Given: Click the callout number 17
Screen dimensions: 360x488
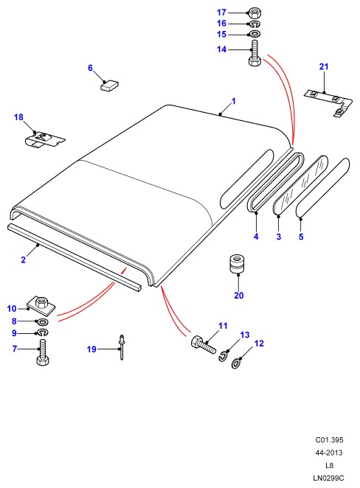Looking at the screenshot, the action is [221, 13].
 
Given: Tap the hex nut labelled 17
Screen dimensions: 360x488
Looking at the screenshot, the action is [255, 13].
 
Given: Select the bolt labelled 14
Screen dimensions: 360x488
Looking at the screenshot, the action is [255, 53].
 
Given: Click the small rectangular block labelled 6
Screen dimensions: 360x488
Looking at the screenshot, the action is [109, 85].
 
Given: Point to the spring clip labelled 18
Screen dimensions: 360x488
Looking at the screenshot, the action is [44, 140].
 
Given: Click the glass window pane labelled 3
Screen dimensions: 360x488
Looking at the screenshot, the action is [300, 186].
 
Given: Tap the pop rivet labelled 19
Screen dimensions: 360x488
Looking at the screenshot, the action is [122, 347].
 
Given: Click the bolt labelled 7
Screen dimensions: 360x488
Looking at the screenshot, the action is [43, 352].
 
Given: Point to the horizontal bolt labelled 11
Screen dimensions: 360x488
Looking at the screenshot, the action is [204, 344].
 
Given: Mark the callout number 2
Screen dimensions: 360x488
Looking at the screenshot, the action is [24, 259].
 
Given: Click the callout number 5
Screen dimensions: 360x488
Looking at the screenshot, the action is [301, 237].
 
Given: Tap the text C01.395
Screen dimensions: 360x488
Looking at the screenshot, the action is [329, 440].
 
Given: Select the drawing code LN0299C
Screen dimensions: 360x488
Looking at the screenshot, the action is [328, 478].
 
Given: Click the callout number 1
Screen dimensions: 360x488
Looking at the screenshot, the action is [234, 101].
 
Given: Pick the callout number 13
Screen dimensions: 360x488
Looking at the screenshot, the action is [245, 335].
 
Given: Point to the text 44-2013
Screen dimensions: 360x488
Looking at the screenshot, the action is [329, 453].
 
